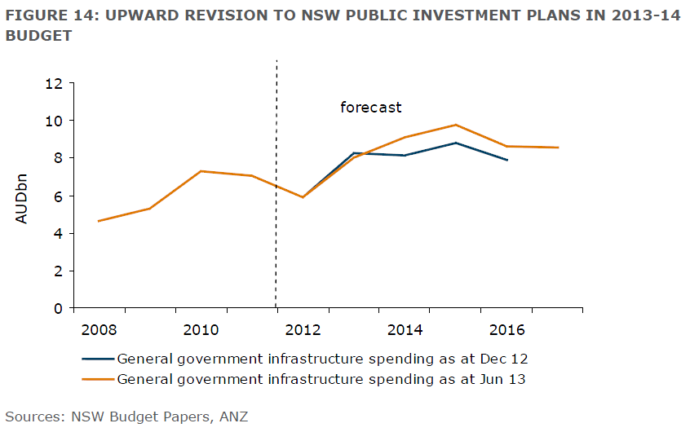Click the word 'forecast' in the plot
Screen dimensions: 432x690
(371, 107)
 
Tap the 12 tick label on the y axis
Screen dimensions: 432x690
(55, 83)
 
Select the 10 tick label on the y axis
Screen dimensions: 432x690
(55, 121)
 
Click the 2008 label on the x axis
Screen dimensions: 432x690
(100, 329)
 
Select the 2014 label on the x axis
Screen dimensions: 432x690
(405, 329)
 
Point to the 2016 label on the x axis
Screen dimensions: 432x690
(507, 329)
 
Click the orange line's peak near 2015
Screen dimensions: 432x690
(456, 125)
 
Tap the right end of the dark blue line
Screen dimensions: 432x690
(507, 161)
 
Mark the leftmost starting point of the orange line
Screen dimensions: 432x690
(98, 221)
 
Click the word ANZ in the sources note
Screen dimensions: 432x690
(233, 417)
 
